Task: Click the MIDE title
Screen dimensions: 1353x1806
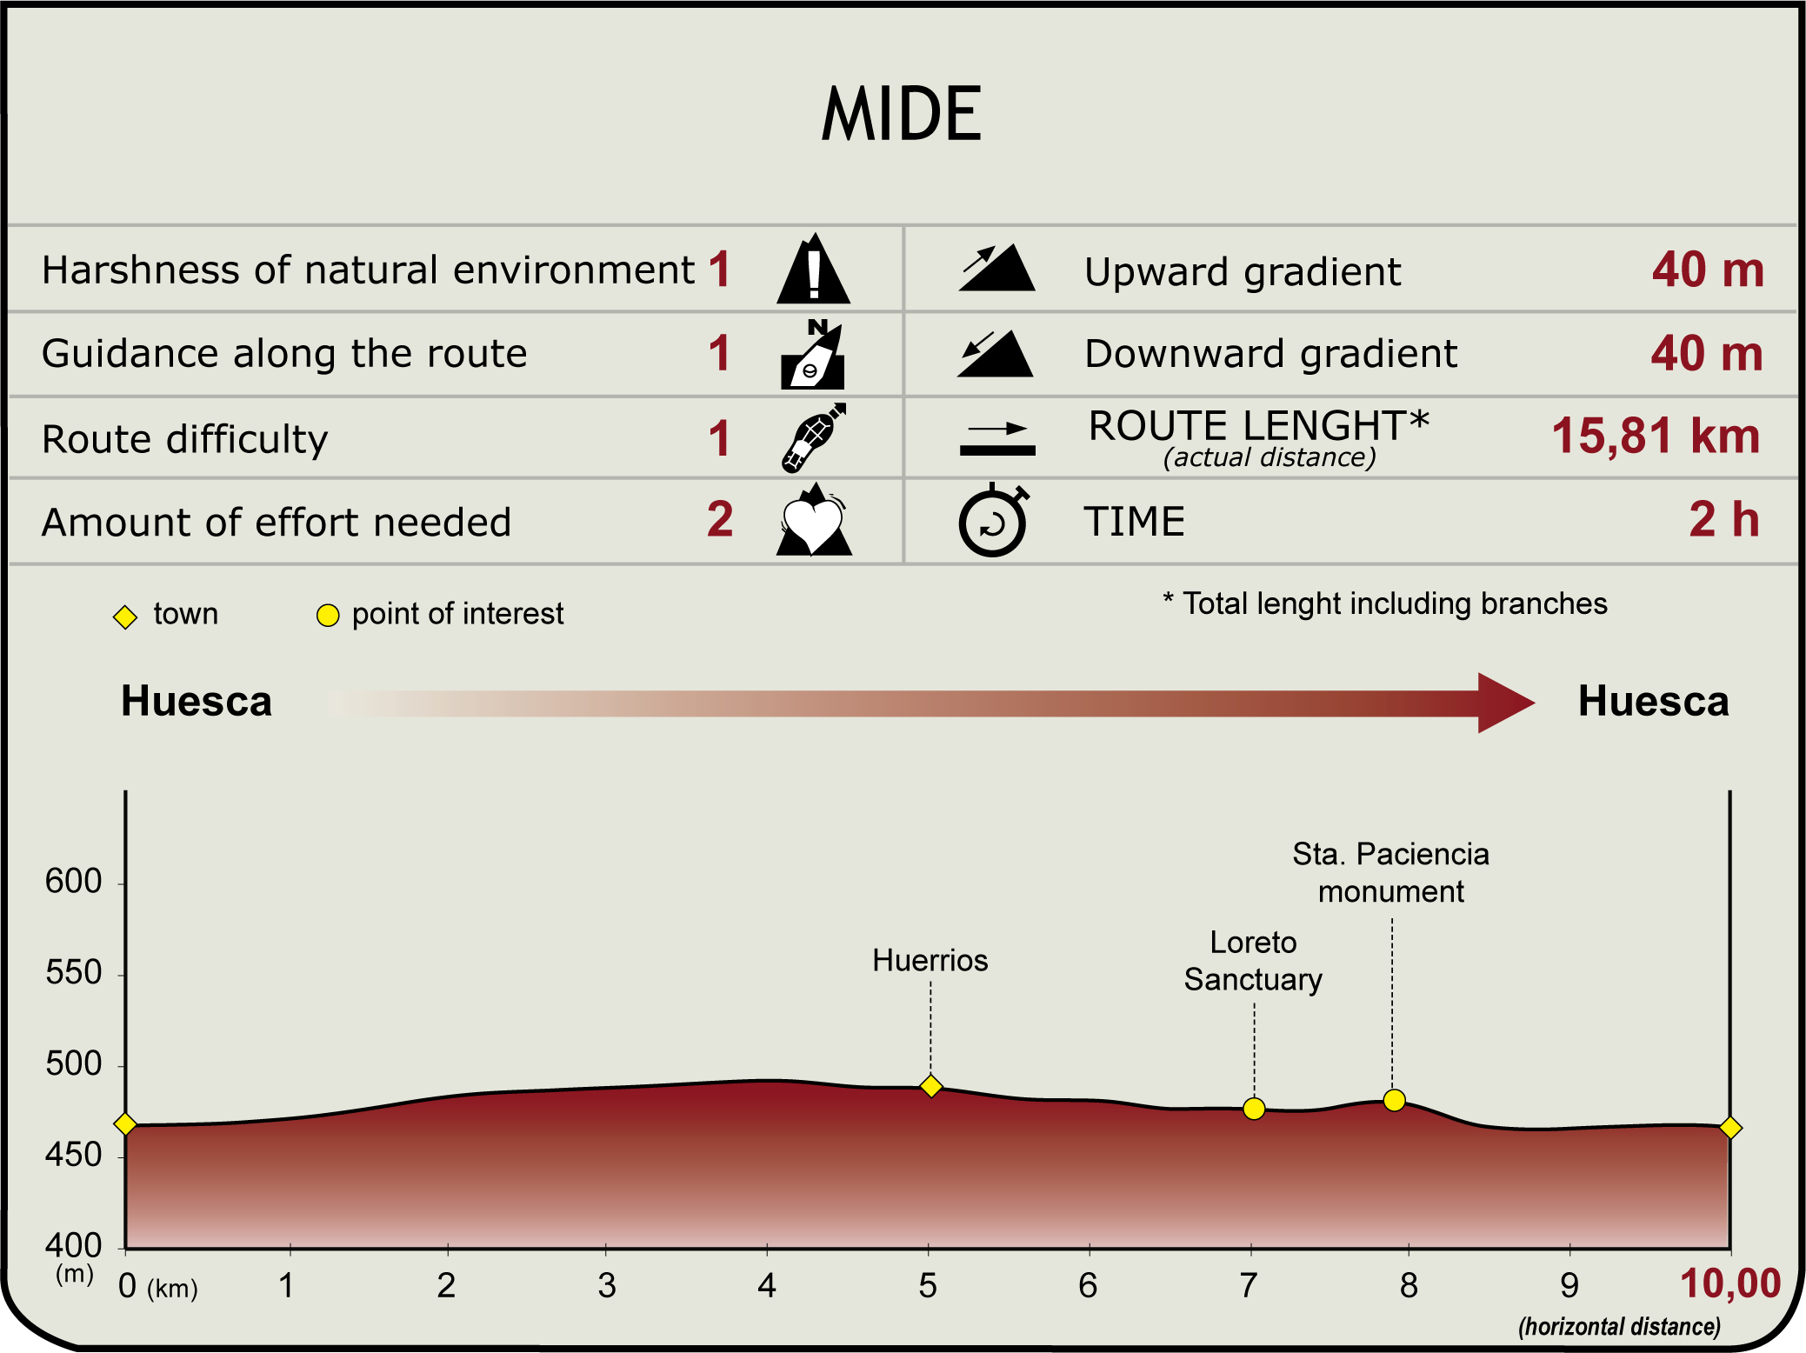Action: pos(902,114)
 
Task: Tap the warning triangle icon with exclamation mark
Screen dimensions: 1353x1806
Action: pos(813,270)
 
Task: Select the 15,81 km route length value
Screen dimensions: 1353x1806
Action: pos(1655,436)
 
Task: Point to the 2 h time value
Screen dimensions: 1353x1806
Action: pos(1723,519)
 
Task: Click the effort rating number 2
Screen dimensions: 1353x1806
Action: pos(720,519)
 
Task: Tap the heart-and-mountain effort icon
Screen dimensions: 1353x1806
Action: pos(813,521)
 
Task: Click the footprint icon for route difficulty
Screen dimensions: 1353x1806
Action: pos(812,437)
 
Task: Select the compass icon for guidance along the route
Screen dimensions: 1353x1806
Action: pos(813,355)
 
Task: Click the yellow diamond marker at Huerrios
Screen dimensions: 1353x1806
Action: pos(930,1086)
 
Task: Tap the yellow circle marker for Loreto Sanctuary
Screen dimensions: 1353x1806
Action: pos(1254,1109)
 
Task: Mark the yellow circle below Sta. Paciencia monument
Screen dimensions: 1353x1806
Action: pos(1394,1100)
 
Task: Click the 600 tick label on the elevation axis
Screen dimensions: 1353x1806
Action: pos(74,882)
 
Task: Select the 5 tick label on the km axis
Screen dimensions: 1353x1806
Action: pos(928,1285)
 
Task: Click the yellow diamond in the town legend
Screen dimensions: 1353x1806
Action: pos(125,617)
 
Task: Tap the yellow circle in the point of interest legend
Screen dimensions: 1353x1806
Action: pos(327,616)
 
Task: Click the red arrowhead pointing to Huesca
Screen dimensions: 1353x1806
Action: pos(1504,703)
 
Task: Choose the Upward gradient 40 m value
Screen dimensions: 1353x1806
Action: pos(1708,270)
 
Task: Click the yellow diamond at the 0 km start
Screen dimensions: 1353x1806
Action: pos(125,1124)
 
